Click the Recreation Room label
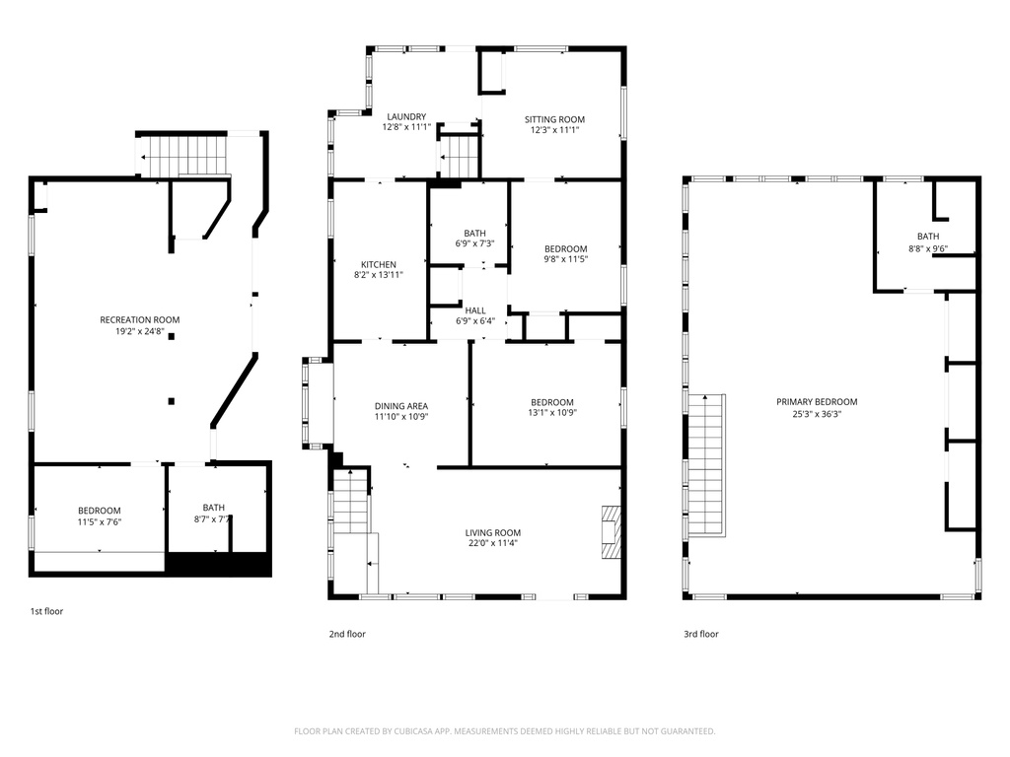click(140, 320)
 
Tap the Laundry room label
click(406, 116)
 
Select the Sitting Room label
click(554, 119)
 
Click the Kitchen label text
click(379, 264)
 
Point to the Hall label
click(475, 310)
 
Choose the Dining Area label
click(401, 406)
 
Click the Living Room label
click(493, 532)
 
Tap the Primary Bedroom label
click(817, 402)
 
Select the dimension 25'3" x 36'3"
click(817, 414)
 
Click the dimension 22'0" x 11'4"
click(493, 543)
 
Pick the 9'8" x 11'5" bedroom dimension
click(566, 259)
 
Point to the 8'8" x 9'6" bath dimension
click(928, 248)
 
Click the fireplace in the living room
click(613, 531)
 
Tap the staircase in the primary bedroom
click(707, 465)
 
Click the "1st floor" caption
click(47, 611)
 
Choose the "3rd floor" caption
click(701, 634)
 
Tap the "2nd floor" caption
click(347, 634)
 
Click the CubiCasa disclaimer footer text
click(504, 731)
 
